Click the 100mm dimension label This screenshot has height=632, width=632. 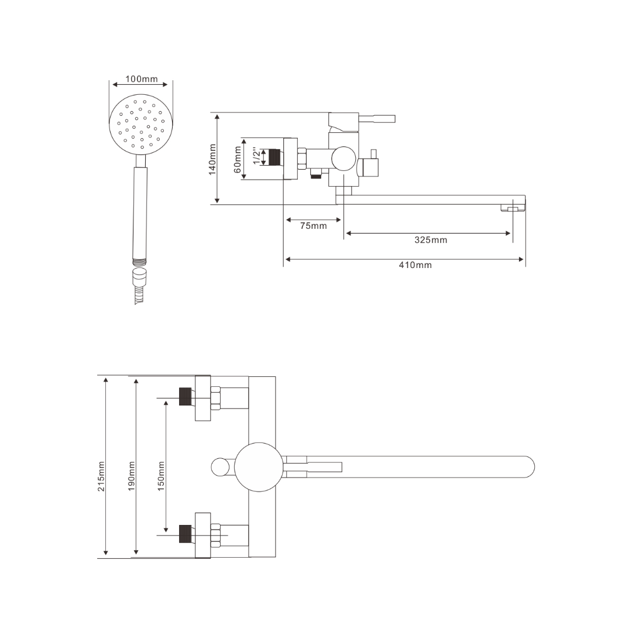(142, 79)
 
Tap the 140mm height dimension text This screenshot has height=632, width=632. (212, 160)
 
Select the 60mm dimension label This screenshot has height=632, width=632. (238, 159)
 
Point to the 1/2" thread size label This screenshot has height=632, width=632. (257, 157)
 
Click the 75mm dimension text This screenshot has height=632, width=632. (313, 226)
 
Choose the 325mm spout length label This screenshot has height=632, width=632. (431, 241)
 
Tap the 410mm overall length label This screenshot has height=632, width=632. (415, 265)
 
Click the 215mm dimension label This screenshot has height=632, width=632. (101, 476)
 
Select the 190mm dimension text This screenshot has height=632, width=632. (132, 476)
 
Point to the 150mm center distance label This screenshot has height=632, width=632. (162, 476)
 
